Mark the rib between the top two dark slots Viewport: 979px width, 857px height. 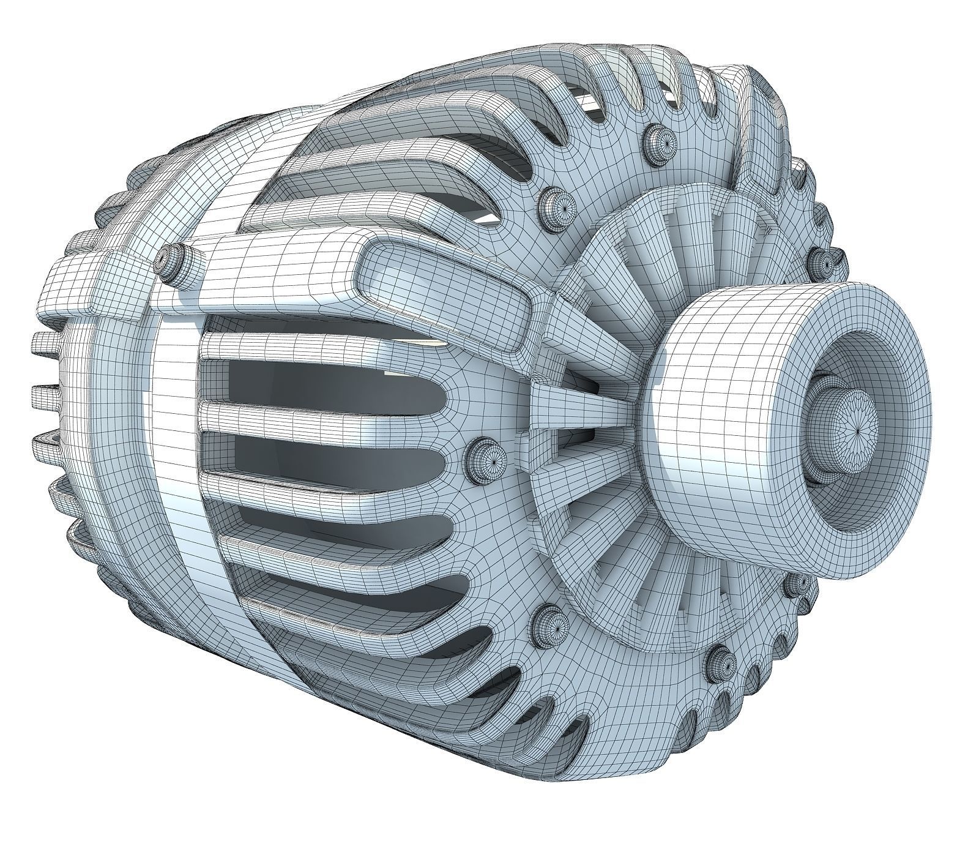[318, 416]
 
